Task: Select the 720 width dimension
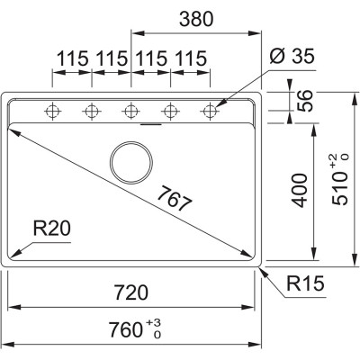pos(131,293)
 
